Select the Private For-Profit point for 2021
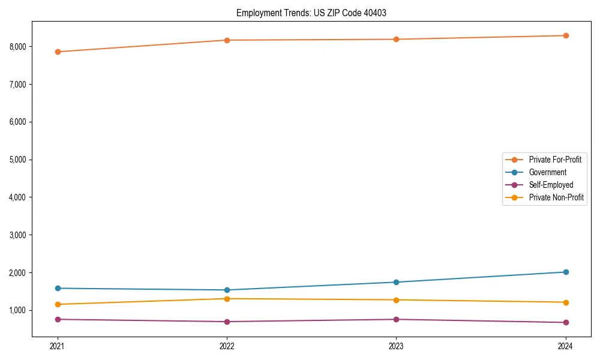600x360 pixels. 58,52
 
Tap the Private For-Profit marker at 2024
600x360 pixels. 566,35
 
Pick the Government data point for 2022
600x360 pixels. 227,290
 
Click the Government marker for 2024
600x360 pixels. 566,272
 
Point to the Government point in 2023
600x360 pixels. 396,282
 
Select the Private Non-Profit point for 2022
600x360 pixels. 227,299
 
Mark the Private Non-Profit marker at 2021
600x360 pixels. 58,304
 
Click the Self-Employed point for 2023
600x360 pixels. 396,319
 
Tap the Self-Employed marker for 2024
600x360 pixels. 566,322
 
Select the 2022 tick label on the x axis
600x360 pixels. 227,346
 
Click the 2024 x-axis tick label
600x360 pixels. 566,346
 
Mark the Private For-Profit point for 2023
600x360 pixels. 396,40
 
